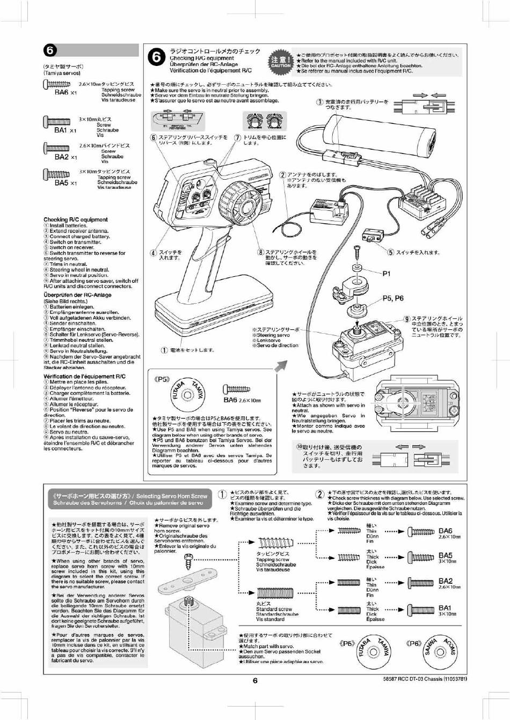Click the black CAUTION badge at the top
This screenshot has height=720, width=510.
281,62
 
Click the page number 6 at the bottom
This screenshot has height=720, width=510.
255,680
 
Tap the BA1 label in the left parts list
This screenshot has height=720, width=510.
61,130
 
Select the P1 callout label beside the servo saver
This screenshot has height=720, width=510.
387,274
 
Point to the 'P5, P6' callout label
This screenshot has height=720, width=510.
393,298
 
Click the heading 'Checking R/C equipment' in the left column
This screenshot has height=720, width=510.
76,219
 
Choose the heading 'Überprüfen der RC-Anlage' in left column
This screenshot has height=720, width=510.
77,295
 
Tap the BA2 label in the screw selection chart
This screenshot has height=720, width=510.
446,581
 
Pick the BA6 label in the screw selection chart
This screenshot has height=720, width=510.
446,531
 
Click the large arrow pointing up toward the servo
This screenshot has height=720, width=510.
281,366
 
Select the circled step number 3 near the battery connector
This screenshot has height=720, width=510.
320,102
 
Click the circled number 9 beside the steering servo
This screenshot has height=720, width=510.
407,319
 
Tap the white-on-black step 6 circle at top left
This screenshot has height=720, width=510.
50,50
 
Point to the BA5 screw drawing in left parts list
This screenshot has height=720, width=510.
56,174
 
